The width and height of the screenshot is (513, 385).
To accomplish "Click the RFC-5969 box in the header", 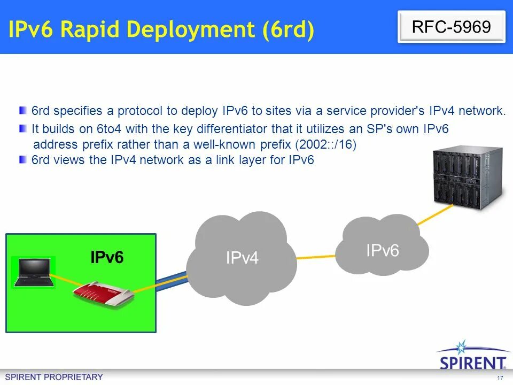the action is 452,27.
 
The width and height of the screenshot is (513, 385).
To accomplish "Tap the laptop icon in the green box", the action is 33,273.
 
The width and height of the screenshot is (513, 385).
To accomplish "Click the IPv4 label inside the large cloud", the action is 242,258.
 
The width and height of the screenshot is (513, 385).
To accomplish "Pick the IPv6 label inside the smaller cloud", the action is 382,250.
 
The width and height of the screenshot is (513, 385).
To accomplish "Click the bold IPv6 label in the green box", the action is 107,257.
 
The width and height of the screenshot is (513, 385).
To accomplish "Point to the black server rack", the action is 468,178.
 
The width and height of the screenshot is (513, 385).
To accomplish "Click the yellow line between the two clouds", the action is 316,257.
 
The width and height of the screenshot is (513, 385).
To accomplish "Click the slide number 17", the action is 500,378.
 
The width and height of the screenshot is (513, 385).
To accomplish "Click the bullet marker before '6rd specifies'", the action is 22,111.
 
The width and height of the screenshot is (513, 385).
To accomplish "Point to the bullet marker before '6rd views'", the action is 22,159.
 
